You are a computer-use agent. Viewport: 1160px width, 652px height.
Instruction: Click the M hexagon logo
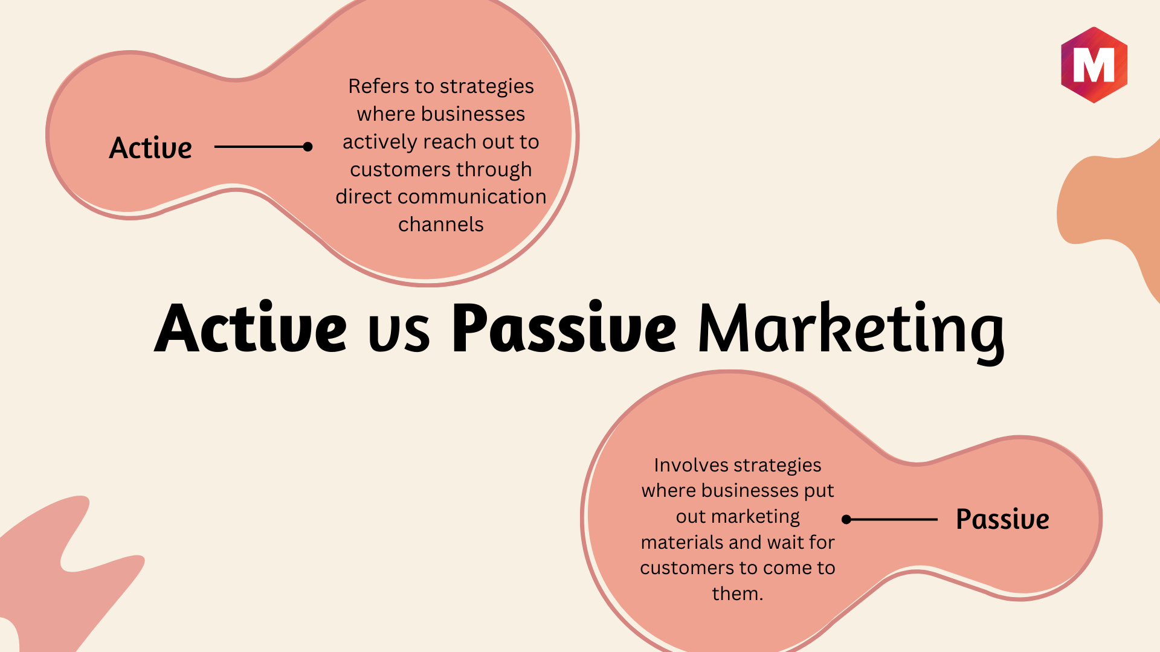point(1094,65)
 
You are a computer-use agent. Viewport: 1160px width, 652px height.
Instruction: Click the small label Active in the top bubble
point(150,148)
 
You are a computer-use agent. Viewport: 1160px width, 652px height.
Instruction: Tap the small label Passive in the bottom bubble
point(1002,519)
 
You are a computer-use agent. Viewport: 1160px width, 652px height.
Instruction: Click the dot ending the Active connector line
point(308,147)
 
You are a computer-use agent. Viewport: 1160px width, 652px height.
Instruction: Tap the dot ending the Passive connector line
point(846,519)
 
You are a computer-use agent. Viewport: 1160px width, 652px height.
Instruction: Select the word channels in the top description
point(441,225)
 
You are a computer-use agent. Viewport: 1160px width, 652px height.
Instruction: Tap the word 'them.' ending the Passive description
point(738,594)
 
